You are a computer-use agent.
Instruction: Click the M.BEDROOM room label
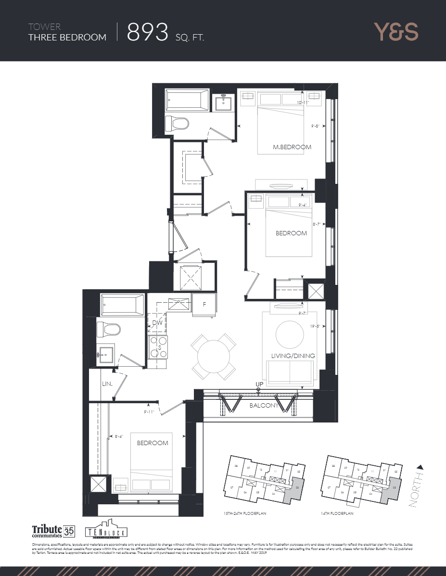click(292, 147)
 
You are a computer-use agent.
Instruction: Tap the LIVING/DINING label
click(293, 356)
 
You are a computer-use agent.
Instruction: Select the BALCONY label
click(264, 406)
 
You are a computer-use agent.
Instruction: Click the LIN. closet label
click(107, 384)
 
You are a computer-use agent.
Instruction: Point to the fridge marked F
click(204, 305)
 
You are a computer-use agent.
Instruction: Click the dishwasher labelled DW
click(157, 323)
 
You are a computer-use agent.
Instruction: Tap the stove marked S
click(158, 346)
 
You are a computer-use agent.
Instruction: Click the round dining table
click(214, 357)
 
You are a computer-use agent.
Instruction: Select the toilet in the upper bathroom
click(176, 123)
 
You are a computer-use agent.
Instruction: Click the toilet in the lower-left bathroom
click(108, 330)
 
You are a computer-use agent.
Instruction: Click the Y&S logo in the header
click(396, 31)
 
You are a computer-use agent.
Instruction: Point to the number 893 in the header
click(148, 32)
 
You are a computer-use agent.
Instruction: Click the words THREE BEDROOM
click(67, 37)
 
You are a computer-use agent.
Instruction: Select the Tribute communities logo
click(52, 531)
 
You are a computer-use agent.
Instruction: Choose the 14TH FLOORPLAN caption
click(338, 514)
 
